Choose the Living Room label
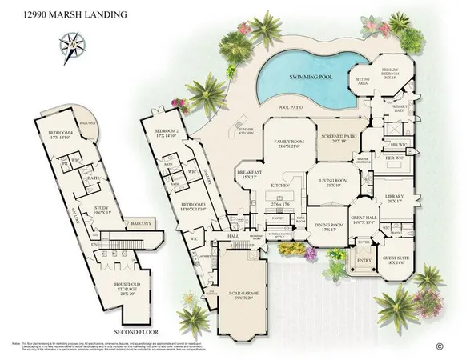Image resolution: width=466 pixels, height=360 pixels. tap(328, 182)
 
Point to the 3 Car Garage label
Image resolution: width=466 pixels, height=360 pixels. tap(245, 274)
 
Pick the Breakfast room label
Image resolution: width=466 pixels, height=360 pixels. tap(250, 174)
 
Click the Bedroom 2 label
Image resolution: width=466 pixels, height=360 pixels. tap(167, 132)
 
